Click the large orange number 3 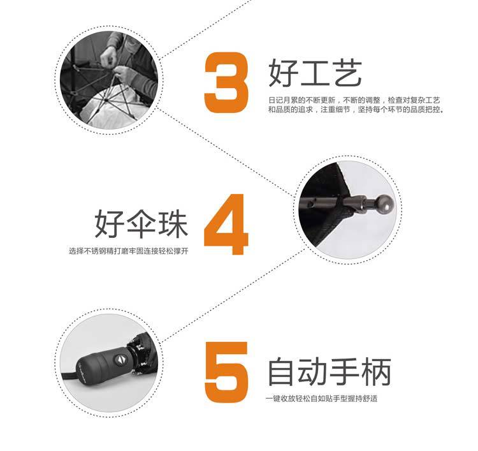226,82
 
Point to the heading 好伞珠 141,224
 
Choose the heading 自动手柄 329,371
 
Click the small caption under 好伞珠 129,251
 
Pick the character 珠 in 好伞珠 173,224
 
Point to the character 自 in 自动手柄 282,371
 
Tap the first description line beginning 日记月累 354,100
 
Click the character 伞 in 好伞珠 141,224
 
